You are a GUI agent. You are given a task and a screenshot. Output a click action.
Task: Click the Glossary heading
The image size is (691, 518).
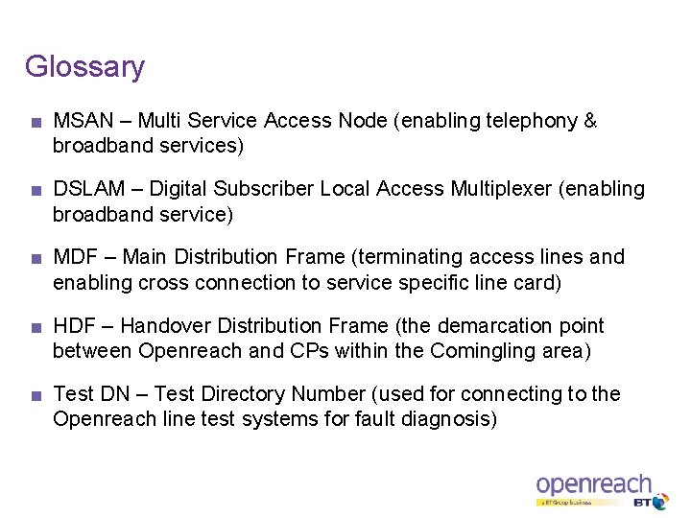(84, 67)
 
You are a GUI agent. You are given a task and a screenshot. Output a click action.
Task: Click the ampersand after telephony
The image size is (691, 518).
(590, 121)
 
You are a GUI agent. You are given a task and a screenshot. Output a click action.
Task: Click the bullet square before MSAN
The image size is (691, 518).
(36, 123)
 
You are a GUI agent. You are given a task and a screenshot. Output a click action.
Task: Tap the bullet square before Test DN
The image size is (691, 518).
(36, 395)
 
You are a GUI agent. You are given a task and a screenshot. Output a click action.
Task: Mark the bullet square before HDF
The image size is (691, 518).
(36, 327)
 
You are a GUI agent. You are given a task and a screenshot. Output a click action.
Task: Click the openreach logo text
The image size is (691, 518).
(593, 484)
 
